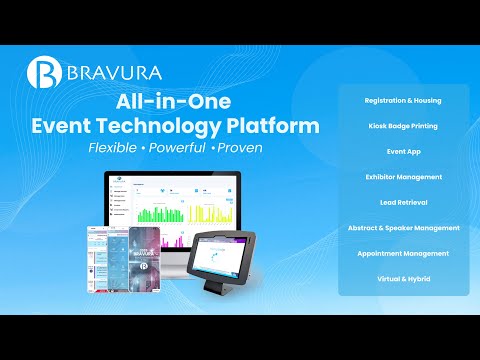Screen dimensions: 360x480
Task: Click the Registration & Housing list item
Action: pos(404,101)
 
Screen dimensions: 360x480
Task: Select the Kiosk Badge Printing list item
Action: pos(404,126)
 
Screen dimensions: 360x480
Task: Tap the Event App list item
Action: pos(404,151)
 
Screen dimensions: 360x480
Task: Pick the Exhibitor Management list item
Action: pos(404,176)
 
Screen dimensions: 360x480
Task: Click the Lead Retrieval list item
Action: pos(404,201)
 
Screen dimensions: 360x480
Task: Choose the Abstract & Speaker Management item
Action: pos(404,228)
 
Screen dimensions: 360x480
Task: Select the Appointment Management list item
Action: pos(404,253)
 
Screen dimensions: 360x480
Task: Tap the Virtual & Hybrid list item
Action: pos(404,278)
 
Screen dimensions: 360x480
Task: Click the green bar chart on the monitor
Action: pos(155,212)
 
